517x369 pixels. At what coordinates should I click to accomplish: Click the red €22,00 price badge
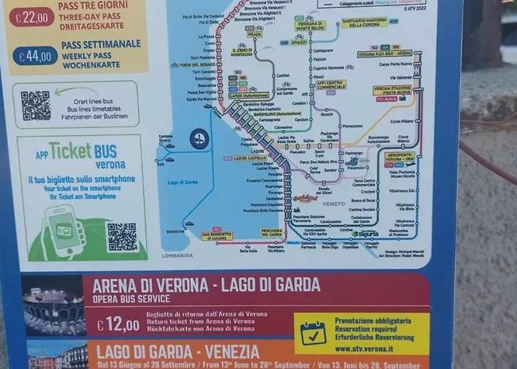pyautogui.click(x=32, y=16)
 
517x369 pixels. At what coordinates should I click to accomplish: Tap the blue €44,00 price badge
pyautogui.click(x=35, y=56)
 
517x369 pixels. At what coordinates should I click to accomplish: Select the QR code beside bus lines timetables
pyautogui.click(x=35, y=106)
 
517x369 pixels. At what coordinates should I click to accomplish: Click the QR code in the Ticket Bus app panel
pyautogui.click(x=122, y=237)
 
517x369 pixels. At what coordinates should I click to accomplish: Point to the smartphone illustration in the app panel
pyautogui.click(x=65, y=230)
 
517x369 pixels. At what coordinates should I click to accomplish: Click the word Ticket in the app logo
pyautogui.click(x=70, y=151)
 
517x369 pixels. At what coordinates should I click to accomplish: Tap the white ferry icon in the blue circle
pyautogui.click(x=199, y=138)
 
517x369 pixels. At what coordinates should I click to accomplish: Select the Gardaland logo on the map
pyautogui.click(x=305, y=198)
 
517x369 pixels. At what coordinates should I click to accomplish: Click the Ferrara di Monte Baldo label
pyautogui.click(x=310, y=26)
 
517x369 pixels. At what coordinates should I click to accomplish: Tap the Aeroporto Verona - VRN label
pyautogui.click(x=399, y=157)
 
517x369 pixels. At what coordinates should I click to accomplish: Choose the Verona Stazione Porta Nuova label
pyautogui.click(x=392, y=90)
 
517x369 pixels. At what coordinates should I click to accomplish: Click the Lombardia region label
pyautogui.click(x=177, y=255)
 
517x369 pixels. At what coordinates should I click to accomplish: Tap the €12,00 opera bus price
pyautogui.click(x=117, y=325)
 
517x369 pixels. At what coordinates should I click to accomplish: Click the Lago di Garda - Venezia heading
pyautogui.click(x=177, y=351)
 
